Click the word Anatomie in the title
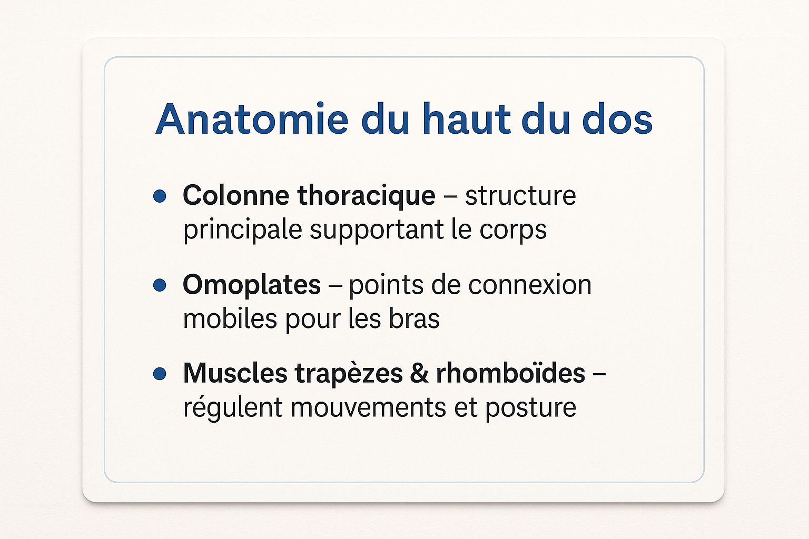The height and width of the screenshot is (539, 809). (252, 119)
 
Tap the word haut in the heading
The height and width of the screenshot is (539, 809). (467, 118)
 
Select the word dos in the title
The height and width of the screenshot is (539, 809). (617, 118)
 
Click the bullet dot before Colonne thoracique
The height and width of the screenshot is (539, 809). (160, 196)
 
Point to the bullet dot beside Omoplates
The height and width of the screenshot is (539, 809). (160, 285)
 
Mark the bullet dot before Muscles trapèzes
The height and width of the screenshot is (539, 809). (160, 374)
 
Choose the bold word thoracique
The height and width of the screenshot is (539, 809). (366, 197)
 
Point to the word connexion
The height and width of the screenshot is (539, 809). (530, 284)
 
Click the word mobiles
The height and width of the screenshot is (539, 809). (230, 318)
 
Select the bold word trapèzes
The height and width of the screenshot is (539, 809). (349, 374)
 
